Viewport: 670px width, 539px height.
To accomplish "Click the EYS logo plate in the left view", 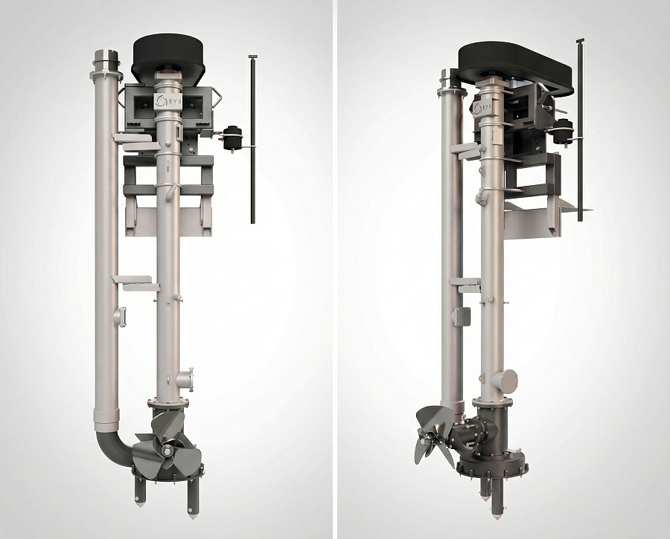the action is click(x=167, y=103).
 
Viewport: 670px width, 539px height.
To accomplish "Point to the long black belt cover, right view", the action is click(x=515, y=69).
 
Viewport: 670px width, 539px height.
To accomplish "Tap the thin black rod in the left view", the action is click(x=253, y=139).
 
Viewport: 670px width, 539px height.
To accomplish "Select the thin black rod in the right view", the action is click(x=580, y=130).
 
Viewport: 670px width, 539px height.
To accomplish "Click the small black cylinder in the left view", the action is click(x=233, y=138).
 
